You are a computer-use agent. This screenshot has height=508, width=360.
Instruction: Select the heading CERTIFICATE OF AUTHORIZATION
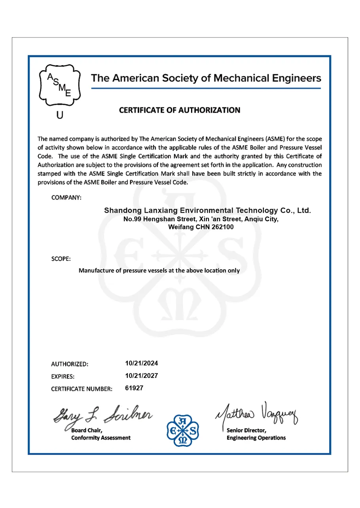[x=180, y=110]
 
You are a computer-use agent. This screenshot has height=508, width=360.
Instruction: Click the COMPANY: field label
[x=66, y=198]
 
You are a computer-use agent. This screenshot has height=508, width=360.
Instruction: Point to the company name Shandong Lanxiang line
[x=207, y=210]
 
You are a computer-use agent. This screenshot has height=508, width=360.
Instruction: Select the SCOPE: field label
[x=61, y=259]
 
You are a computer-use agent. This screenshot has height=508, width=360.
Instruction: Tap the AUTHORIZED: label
[x=70, y=364]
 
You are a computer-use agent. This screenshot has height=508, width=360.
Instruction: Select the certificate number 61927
[x=134, y=388]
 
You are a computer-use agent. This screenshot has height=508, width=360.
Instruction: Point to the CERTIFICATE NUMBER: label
[x=82, y=389]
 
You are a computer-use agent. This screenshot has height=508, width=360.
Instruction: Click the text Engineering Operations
[x=256, y=438]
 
